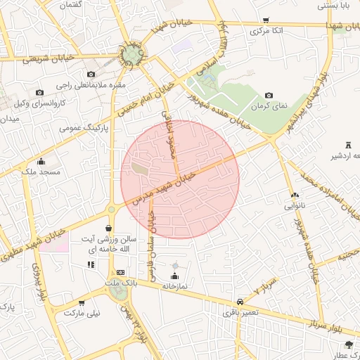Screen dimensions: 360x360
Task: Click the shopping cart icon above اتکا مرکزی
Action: point(265,20)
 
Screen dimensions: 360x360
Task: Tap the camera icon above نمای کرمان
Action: point(269,95)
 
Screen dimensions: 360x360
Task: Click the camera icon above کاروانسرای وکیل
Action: point(39,93)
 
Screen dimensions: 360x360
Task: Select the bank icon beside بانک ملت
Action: point(121,272)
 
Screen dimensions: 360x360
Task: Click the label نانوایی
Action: point(294,207)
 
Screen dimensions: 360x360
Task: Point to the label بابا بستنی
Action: point(334,5)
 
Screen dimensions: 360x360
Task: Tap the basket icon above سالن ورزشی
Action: point(108,228)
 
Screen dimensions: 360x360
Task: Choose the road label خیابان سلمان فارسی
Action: point(150,240)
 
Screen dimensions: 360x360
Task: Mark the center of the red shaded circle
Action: point(180,179)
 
